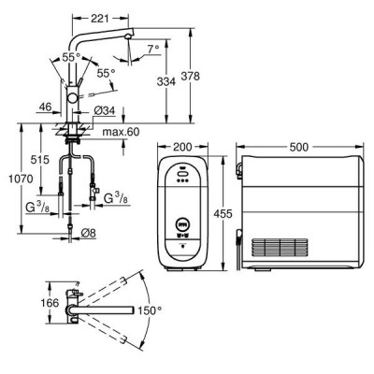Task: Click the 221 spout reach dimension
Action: click(100, 19)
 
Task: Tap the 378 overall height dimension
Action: click(190, 76)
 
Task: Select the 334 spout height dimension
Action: click(166, 81)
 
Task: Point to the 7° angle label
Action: click(153, 49)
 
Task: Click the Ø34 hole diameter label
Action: click(105, 110)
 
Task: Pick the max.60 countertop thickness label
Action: click(121, 132)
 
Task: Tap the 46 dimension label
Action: click(45, 108)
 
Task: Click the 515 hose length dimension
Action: click(40, 160)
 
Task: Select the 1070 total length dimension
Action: click(21, 179)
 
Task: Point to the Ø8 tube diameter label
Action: click(88, 233)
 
